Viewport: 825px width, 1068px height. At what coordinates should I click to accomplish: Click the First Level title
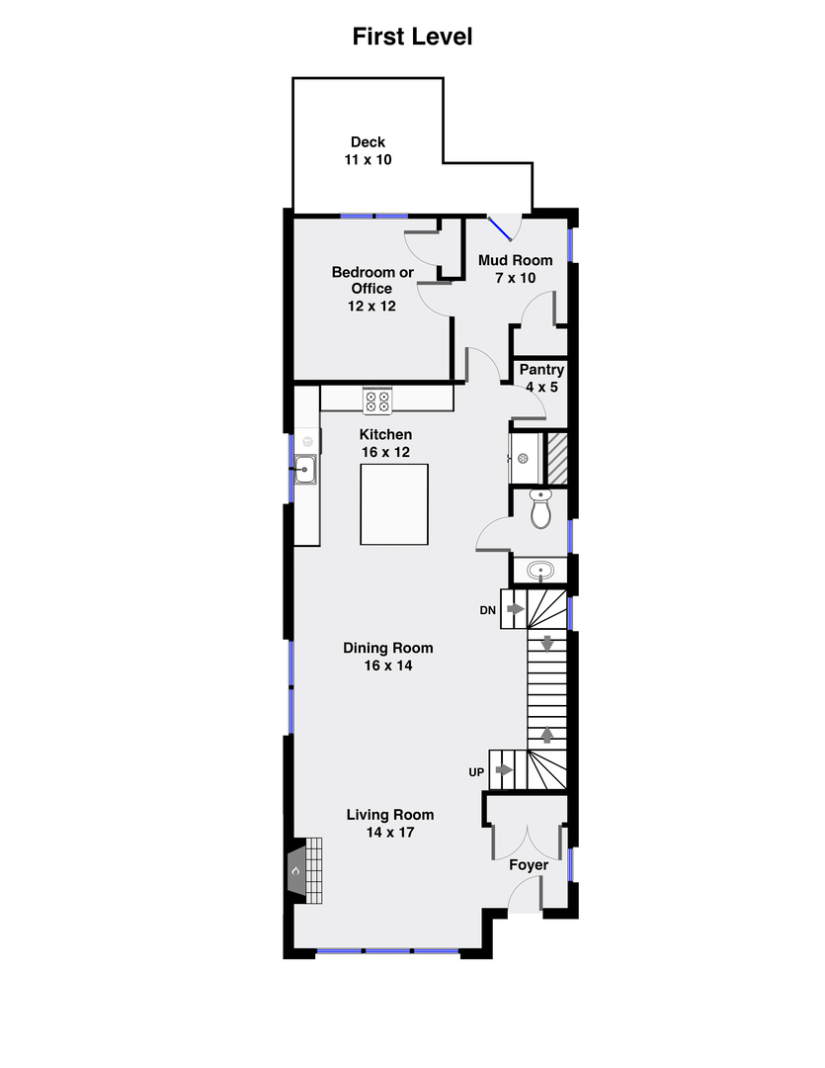tap(412, 37)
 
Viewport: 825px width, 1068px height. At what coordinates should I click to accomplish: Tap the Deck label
tap(368, 141)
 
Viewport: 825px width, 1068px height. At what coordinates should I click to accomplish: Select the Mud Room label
tap(516, 260)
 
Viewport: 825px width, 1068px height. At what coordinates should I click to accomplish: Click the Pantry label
tap(541, 369)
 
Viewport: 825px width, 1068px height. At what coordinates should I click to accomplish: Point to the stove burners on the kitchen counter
tap(377, 400)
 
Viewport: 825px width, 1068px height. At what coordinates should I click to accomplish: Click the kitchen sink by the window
tap(305, 470)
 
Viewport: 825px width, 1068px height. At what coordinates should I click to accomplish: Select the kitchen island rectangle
tap(394, 504)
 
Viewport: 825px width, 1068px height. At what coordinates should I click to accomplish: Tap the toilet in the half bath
tap(540, 508)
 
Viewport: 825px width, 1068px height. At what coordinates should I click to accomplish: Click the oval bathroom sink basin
tap(540, 571)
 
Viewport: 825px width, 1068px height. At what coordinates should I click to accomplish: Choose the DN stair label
tap(487, 610)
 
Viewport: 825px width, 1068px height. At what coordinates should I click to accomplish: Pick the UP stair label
tap(476, 771)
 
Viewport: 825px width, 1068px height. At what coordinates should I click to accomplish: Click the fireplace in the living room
tap(304, 870)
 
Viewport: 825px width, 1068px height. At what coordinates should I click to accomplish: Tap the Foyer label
tap(529, 865)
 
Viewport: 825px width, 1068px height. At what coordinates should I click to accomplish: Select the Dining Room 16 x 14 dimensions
tap(388, 666)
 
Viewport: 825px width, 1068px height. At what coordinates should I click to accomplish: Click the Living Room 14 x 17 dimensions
tap(390, 832)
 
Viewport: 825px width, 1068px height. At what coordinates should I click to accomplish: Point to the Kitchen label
tap(385, 434)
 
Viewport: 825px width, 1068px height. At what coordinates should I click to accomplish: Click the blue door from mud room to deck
tap(500, 228)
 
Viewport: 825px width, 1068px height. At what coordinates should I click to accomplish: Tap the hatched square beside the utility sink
tap(557, 459)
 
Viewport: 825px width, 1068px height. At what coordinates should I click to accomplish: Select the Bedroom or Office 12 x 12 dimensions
tap(371, 306)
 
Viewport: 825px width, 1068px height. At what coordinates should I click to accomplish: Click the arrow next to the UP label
tap(504, 769)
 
